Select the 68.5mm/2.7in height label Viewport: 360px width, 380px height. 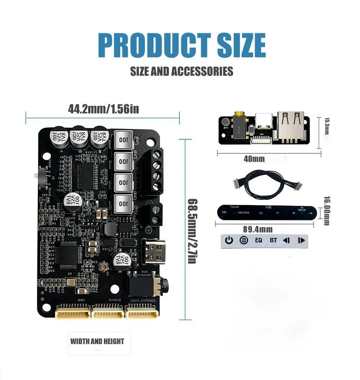click(x=190, y=231)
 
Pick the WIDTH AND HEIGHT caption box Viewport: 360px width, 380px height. click(x=97, y=341)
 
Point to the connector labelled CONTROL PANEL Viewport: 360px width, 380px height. click(x=141, y=312)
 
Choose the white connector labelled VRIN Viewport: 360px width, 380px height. click(x=72, y=312)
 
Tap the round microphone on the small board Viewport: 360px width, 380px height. click(x=225, y=122)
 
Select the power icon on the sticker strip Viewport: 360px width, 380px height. click(x=229, y=240)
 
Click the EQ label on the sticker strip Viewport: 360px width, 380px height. click(x=258, y=240)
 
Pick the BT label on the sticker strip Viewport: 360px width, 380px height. click(x=273, y=240)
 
